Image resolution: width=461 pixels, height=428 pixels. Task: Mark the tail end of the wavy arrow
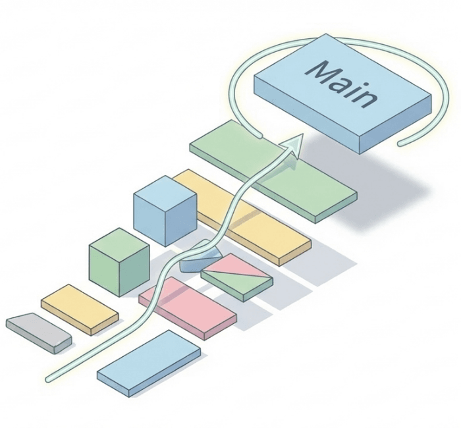[x=48, y=379]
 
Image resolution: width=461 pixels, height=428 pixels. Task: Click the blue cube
[x=165, y=211]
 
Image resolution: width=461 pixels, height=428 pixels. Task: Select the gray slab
[x=38, y=333]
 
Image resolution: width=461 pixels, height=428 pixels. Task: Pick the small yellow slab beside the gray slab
[x=79, y=308]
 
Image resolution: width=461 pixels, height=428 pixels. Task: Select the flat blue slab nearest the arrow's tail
[x=148, y=362]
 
